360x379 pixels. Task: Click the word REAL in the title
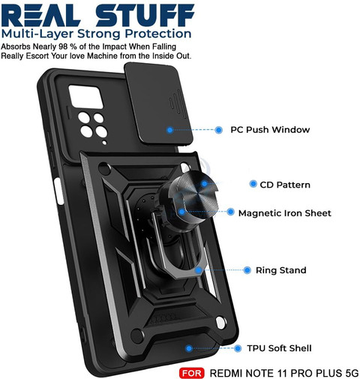40,15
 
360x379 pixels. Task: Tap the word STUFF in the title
145,15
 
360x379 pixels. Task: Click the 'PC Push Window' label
270,130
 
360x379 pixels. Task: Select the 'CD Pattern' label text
285,185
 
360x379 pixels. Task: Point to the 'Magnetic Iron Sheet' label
285,213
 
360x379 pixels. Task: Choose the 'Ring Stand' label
281,270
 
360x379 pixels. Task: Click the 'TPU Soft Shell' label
279,348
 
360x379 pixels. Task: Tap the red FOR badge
192,373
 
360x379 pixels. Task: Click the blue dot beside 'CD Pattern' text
253,184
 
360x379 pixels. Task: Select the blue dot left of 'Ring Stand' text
247,270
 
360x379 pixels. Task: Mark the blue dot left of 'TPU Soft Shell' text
238,348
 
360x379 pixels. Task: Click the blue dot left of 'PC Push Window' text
219,130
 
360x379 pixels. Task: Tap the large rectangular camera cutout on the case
85,97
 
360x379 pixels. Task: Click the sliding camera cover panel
158,105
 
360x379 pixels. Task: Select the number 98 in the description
64,47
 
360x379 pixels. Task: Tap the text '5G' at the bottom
352,373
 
